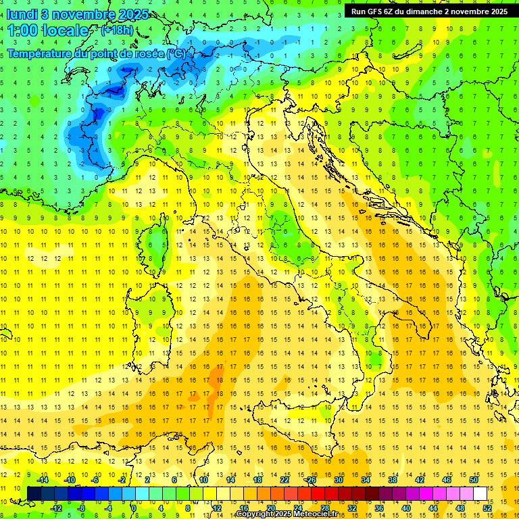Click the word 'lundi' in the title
click(21, 14)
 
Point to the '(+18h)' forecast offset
click(116, 30)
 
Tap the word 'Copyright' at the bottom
click(255, 514)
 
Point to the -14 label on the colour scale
click(43, 480)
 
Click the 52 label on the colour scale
click(487, 508)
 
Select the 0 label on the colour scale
click(134, 508)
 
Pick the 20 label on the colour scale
click(270, 508)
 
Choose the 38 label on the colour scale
click(392, 480)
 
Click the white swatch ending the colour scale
click(480, 493)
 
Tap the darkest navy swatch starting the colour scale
click(34, 493)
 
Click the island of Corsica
click(158, 243)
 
